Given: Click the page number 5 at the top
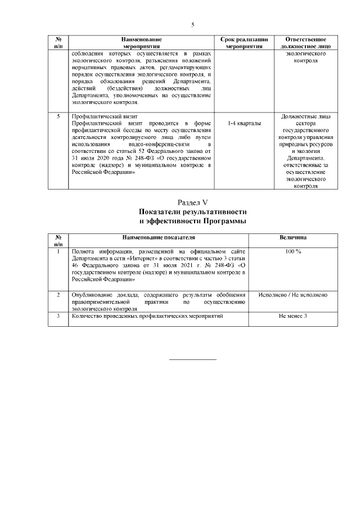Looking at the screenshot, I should (x=192, y=25).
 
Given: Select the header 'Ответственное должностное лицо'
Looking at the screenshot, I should (x=306, y=43).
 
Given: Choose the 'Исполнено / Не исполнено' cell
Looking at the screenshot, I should (x=293, y=294).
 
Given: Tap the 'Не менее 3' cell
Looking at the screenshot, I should (x=293, y=317).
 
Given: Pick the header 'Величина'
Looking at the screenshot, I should (x=293, y=238).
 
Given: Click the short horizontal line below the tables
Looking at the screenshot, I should (x=193, y=359).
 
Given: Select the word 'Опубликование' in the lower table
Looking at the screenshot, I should (x=87, y=294).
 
